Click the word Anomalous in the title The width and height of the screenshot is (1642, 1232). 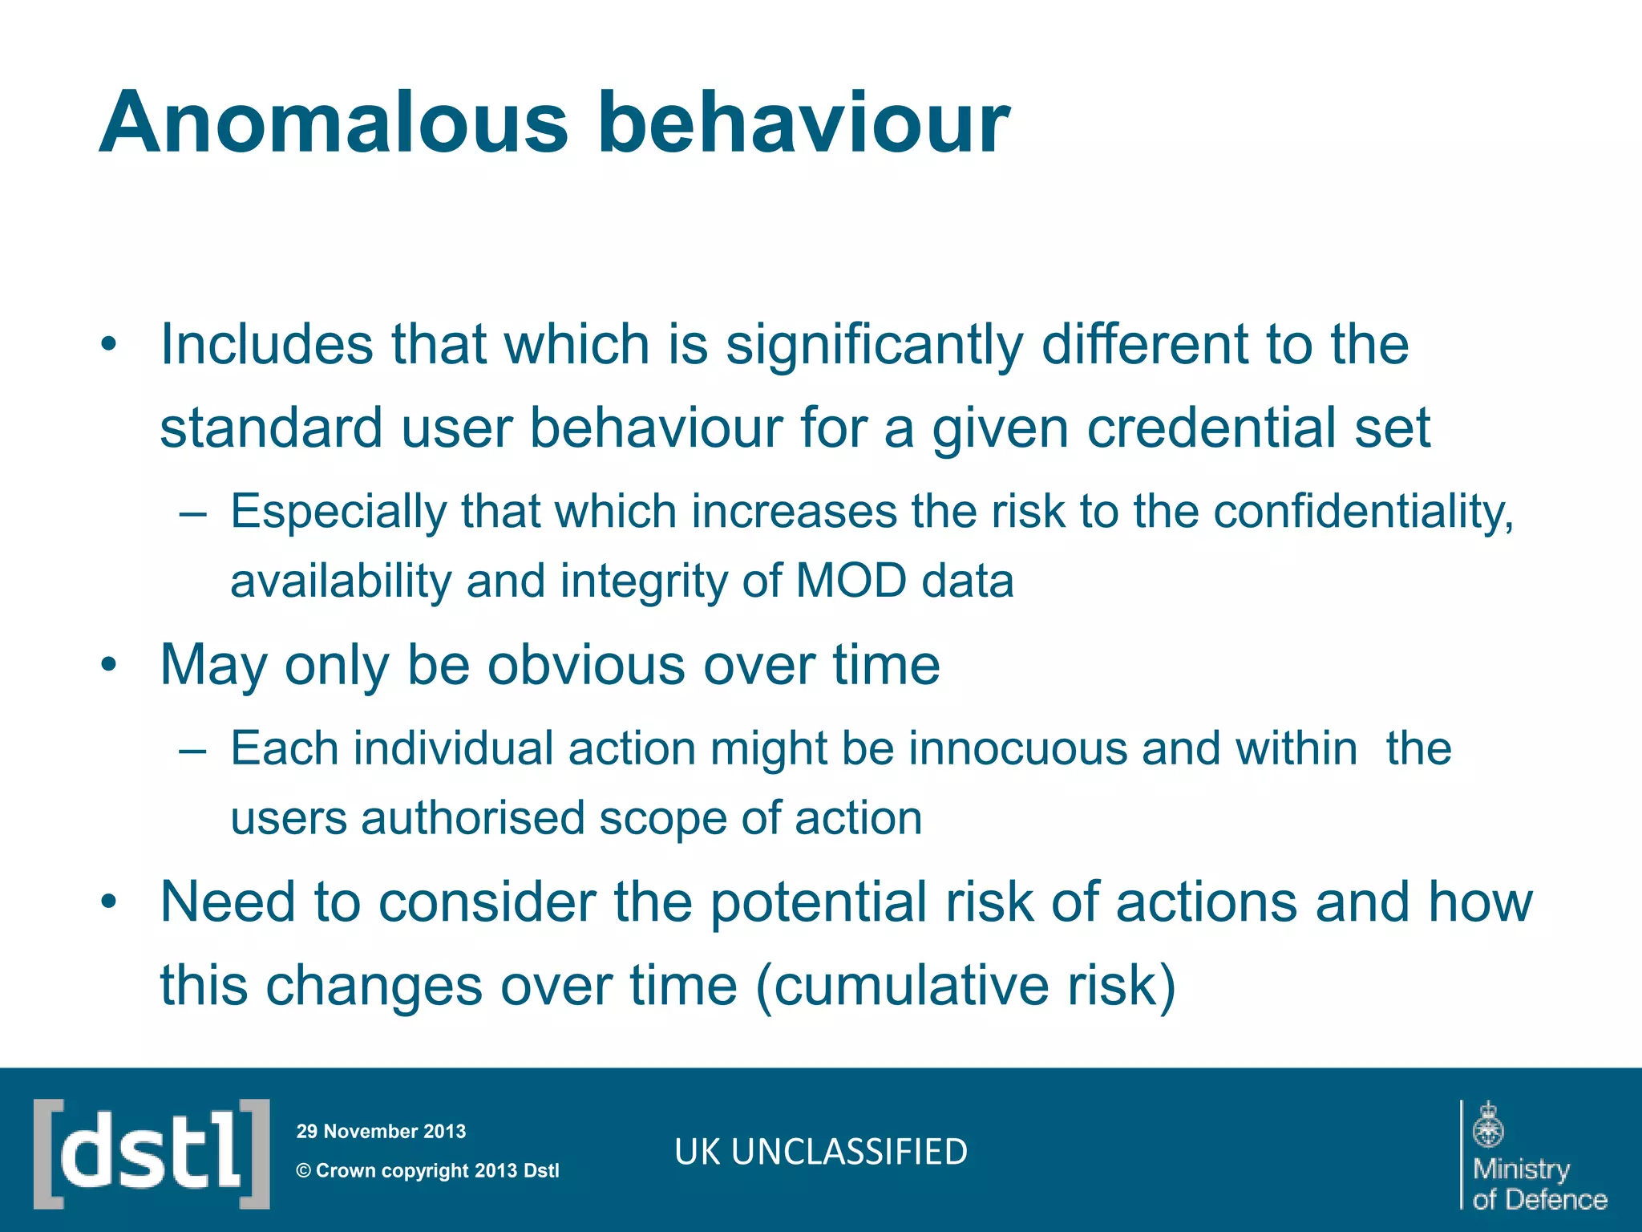(x=333, y=124)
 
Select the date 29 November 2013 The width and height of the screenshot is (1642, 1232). (x=381, y=1132)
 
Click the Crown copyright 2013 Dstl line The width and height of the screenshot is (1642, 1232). (x=428, y=1171)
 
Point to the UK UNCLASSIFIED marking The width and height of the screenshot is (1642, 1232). (x=821, y=1152)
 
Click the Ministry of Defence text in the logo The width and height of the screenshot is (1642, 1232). (x=1538, y=1184)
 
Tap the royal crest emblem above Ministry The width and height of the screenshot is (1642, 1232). (x=1488, y=1125)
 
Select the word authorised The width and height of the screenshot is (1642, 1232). (x=471, y=819)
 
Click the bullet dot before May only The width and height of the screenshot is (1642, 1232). (x=109, y=665)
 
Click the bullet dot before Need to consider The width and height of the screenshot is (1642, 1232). (x=109, y=902)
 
